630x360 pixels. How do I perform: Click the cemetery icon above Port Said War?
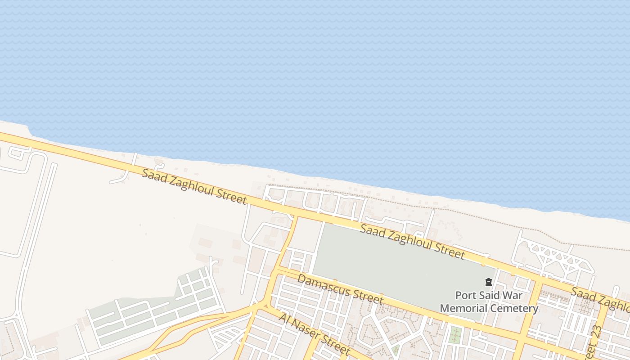(488, 283)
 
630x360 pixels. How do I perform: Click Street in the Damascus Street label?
(368, 297)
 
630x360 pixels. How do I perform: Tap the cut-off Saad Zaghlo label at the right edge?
(601, 300)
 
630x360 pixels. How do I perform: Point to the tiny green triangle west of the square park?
(396, 349)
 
